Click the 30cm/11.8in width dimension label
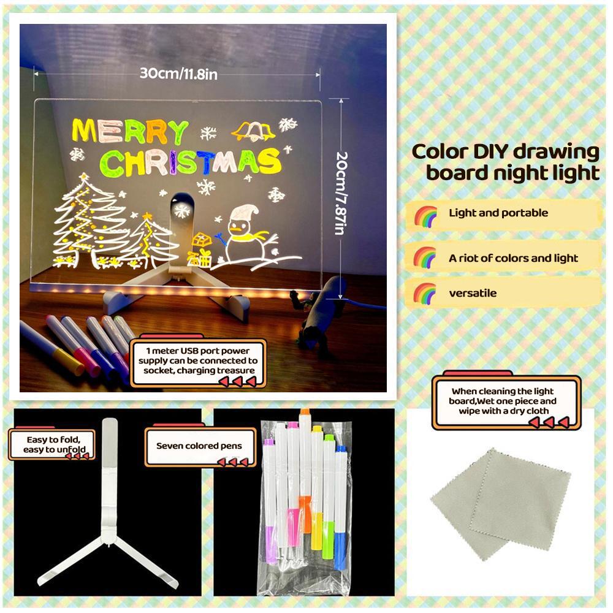pos(178,74)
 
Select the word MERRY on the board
pos(130,131)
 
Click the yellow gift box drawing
pos(201,248)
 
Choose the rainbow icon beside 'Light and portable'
pos(425,215)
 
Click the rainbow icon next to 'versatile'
pos(425,293)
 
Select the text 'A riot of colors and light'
pos(513,258)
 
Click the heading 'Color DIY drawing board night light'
pos(506,162)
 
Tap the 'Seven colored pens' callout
pos(199,446)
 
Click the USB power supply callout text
pos(201,361)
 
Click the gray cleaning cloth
pos(500,503)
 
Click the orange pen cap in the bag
pos(305,414)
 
